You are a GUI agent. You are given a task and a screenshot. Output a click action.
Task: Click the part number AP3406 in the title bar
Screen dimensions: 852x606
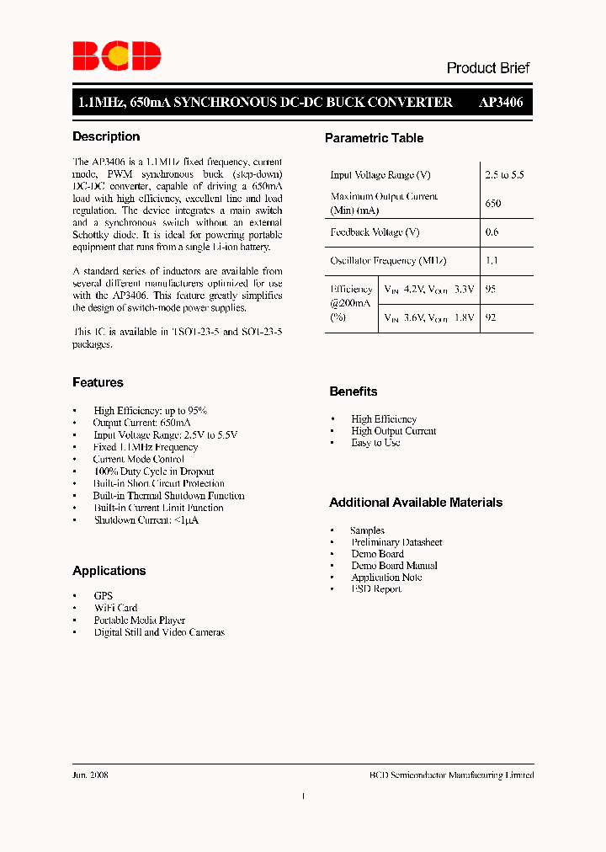point(501,103)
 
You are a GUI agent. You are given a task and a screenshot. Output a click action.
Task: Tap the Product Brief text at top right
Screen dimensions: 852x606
point(487,68)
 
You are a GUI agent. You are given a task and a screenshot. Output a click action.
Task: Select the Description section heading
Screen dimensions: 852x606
point(106,136)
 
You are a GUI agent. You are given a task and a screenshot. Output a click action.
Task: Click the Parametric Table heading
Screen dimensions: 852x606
point(374,138)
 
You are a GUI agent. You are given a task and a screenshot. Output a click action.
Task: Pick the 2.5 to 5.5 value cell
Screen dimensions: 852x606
point(504,175)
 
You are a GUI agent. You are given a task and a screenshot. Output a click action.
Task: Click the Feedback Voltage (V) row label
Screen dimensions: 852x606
point(375,232)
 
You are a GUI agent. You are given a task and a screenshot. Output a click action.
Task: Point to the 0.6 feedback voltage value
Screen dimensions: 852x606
point(492,232)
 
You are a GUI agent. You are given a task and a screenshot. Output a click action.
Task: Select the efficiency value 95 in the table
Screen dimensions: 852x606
point(492,289)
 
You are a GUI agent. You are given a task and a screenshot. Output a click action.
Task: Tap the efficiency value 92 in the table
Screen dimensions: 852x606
point(492,318)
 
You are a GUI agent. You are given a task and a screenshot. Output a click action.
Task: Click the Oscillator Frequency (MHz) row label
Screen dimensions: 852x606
point(388,261)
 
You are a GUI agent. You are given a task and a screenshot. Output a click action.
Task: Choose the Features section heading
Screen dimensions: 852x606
point(98,382)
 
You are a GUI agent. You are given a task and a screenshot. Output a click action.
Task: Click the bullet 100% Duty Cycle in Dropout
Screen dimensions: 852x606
point(154,471)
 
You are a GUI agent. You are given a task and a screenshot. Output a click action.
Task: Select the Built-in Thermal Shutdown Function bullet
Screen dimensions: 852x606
point(169,496)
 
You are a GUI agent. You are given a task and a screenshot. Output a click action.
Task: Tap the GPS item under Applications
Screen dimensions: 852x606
point(103,595)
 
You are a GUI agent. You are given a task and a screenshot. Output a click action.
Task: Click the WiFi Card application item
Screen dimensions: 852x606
point(115,608)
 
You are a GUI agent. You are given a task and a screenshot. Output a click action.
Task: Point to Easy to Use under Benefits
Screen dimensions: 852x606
point(375,443)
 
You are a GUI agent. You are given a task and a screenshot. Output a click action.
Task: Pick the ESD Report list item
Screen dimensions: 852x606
point(376,589)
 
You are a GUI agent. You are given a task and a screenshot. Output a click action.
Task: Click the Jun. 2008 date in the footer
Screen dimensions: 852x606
point(90,775)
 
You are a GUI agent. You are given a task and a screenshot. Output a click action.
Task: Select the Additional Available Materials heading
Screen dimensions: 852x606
point(416,503)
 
